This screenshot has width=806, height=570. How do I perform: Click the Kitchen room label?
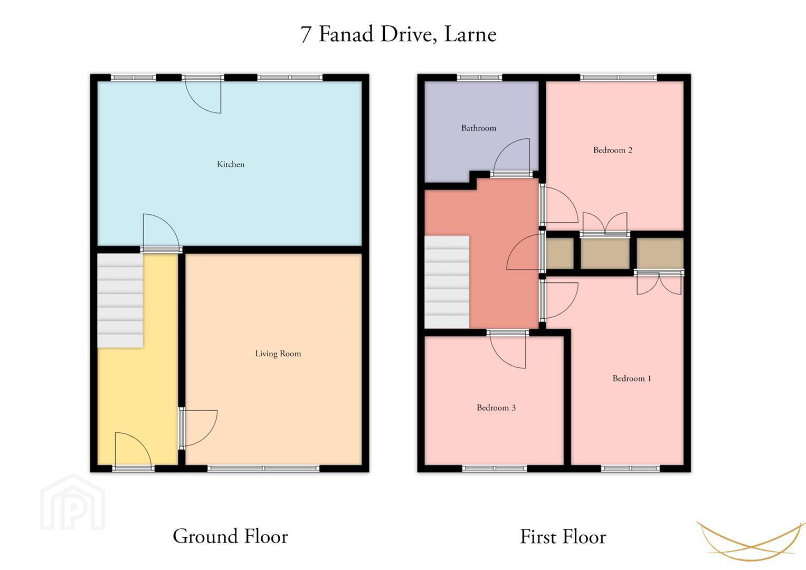pos(231,165)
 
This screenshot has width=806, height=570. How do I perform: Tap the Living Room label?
pos(278,354)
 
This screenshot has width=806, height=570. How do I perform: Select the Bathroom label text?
pos(479,128)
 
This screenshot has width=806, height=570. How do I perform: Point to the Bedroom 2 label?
pos(613,150)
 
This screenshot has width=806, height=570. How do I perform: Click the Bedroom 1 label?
pos(632,378)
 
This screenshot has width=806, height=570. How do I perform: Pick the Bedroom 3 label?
pos(496,407)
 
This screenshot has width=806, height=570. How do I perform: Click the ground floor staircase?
pos(120,301)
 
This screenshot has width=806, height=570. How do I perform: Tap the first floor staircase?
pos(447,282)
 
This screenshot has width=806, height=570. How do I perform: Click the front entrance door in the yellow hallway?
pos(133,450)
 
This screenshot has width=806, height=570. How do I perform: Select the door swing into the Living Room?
pos(199,428)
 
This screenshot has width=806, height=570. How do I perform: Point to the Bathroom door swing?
pos(511,156)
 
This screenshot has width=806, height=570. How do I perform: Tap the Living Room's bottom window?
pos(263,468)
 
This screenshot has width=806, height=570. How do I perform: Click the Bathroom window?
pos(479,78)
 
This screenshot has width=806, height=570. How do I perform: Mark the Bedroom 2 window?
pos(619,78)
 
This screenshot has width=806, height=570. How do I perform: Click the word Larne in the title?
pos(471,34)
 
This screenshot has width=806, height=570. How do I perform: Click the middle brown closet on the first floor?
pos(605,253)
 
